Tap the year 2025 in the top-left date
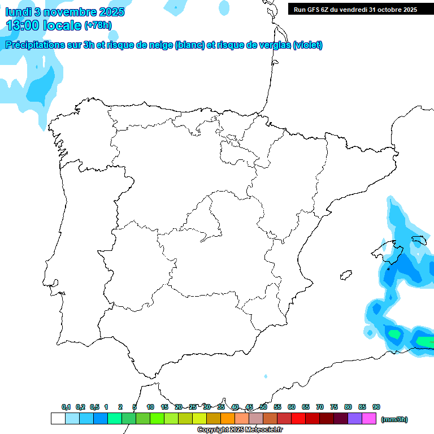pos(112,12)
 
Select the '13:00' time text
pos(23,25)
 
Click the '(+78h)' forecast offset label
pos(98,25)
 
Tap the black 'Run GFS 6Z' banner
pos(355,9)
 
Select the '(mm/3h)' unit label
pos(394,419)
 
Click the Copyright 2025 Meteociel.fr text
pos(240,430)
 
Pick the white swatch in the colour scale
pos(58,419)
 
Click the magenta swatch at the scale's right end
pos(369,419)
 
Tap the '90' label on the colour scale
pos(376,407)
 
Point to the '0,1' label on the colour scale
pos(66,407)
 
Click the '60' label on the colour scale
pos(292,407)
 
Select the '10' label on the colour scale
pos(150,407)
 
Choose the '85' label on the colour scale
pos(362,407)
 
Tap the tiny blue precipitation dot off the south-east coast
pos(266,376)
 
